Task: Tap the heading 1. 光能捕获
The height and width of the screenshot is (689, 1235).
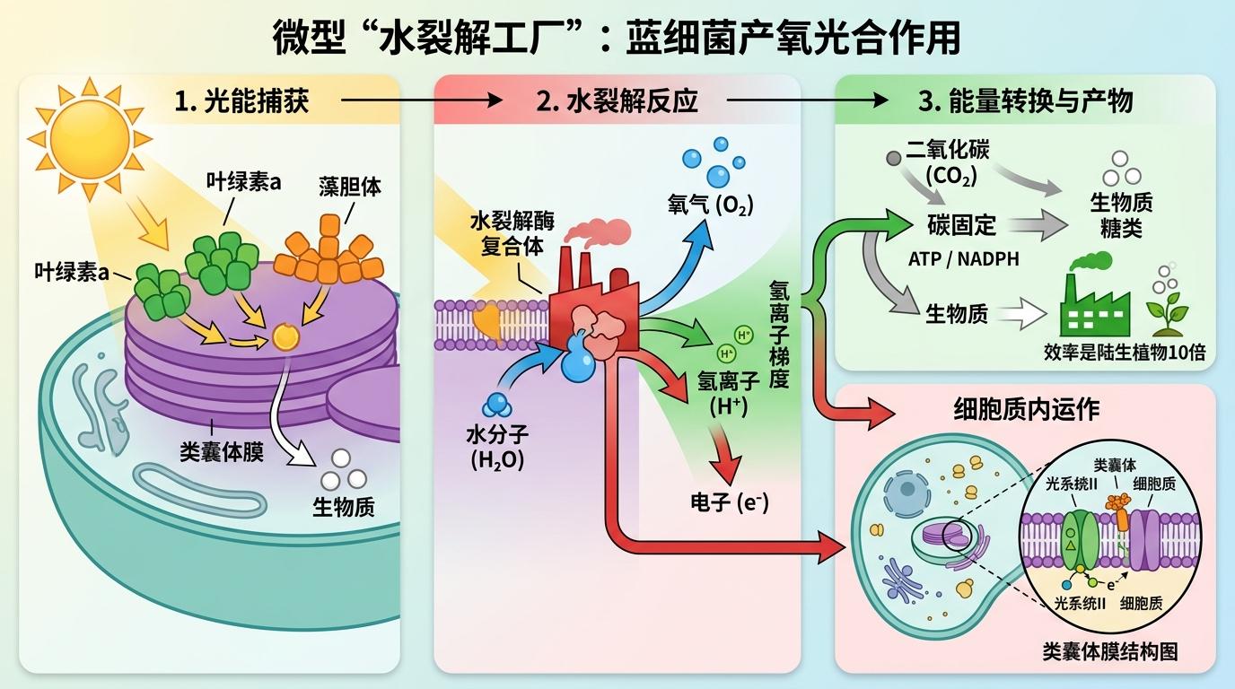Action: pyautogui.click(x=241, y=101)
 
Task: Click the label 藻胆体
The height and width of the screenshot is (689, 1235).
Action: pyautogui.click(x=349, y=186)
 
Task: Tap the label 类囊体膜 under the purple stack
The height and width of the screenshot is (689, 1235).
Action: pyautogui.click(x=221, y=451)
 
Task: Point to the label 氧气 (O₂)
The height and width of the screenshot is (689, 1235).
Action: pyautogui.click(x=710, y=205)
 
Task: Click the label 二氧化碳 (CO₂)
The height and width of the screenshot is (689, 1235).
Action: pyautogui.click(x=947, y=161)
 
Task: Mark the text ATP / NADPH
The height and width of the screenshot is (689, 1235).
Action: pyautogui.click(x=964, y=259)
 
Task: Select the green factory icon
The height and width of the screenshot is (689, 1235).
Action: pyautogui.click(x=1094, y=296)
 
